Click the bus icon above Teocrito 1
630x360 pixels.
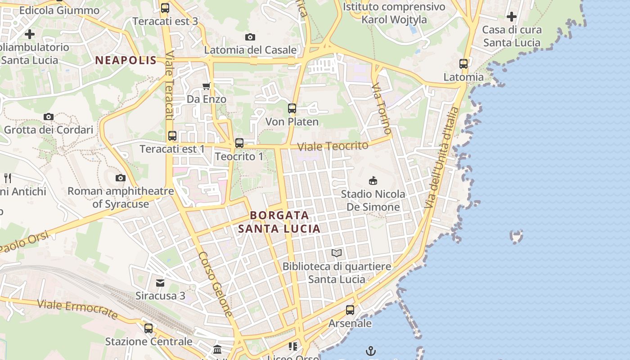point(239,143)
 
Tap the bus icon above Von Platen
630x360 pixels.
point(292,108)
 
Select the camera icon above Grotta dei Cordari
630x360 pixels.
point(49,117)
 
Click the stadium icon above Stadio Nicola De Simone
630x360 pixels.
point(373,180)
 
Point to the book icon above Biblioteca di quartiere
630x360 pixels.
point(337,253)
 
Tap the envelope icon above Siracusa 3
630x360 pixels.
point(160,283)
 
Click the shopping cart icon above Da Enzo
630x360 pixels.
point(207,86)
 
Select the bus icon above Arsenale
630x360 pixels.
point(350,310)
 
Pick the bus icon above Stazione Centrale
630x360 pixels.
point(148,328)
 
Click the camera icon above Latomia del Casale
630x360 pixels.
point(250,37)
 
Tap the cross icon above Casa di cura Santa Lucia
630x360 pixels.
point(512,17)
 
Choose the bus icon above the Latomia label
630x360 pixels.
point(463,64)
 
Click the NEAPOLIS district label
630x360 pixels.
point(126,60)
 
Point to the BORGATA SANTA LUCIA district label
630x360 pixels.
point(279,222)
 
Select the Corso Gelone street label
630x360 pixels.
point(216,284)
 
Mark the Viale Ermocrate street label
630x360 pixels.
point(77,310)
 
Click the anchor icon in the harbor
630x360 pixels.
point(371,351)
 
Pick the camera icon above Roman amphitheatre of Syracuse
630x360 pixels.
point(120,178)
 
